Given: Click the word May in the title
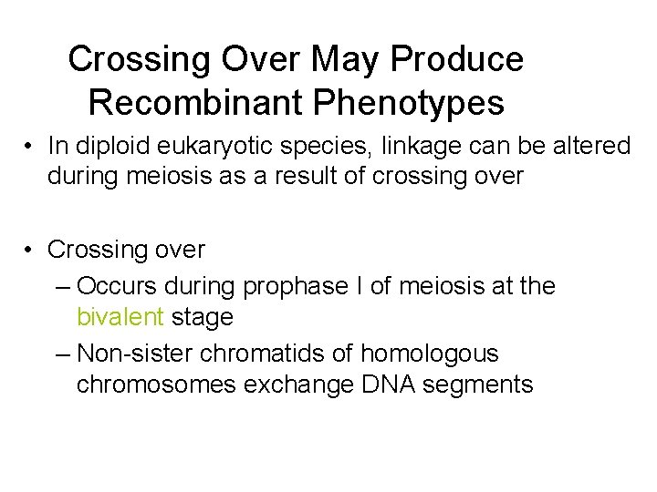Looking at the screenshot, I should point(346,60).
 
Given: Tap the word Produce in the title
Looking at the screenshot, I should point(459,60).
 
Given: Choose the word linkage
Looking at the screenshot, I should point(412,145).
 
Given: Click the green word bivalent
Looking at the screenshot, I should point(120,317).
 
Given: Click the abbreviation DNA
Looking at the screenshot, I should point(387,384).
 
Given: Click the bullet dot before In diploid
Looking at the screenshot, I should point(30,147).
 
